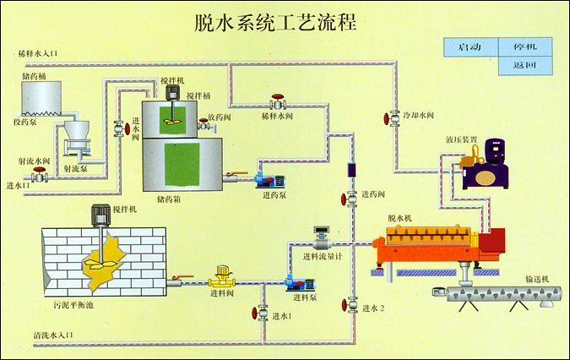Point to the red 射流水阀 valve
[x=38, y=177]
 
